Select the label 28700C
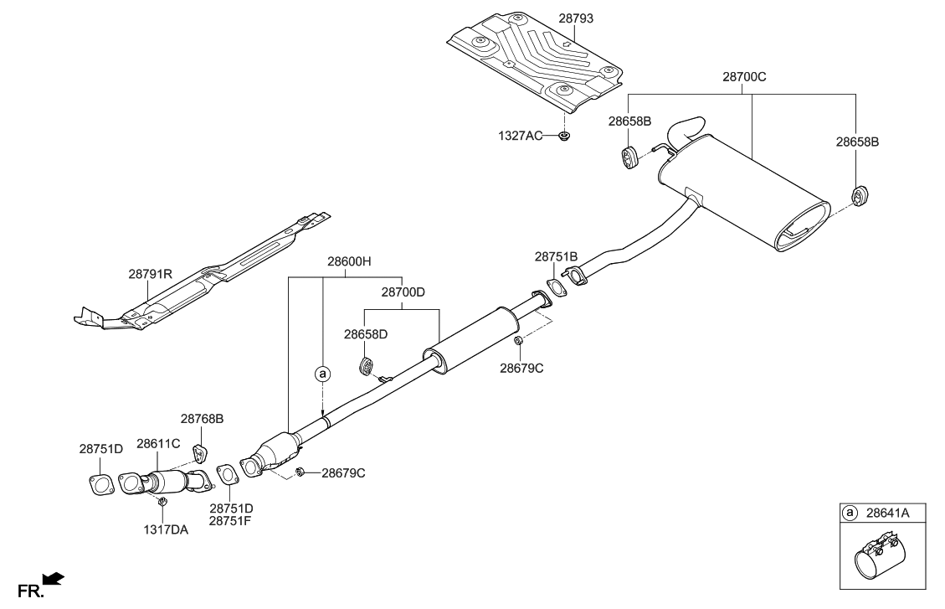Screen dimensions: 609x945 (x=744, y=76)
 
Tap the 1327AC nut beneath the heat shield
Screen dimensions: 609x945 (x=566, y=135)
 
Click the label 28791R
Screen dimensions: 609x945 (x=150, y=273)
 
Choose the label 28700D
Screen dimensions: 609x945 (x=403, y=293)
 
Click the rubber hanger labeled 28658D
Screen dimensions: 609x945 (x=366, y=367)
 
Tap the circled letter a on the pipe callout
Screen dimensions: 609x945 (x=322, y=374)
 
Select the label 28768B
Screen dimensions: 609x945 (x=203, y=418)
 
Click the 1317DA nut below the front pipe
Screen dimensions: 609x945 (x=163, y=501)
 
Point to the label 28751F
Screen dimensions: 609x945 (x=231, y=521)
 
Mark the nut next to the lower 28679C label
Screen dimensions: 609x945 (x=300, y=473)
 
